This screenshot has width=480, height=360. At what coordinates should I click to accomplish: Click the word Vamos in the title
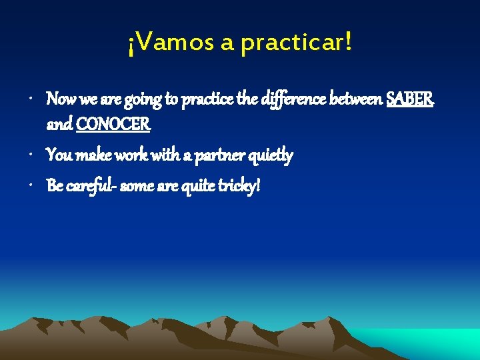click(x=169, y=44)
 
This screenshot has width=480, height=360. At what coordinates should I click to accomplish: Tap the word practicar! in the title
click(x=295, y=44)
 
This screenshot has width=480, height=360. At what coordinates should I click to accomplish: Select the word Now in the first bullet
click(x=61, y=100)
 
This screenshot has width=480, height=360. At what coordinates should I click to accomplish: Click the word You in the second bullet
click(x=59, y=155)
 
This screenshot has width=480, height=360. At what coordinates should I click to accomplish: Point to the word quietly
click(x=270, y=155)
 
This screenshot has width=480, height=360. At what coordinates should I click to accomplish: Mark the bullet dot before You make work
click(x=33, y=156)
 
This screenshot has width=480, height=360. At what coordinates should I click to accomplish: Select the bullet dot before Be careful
click(x=33, y=186)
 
